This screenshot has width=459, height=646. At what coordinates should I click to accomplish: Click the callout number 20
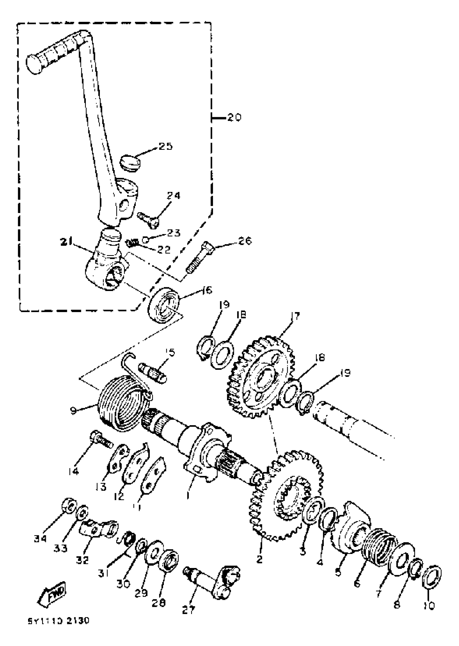[234, 117]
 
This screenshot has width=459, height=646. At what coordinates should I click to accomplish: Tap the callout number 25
[165, 146]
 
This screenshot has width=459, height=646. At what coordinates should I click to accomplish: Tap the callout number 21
[66, 242]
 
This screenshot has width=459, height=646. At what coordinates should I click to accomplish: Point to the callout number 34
[40, 539]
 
